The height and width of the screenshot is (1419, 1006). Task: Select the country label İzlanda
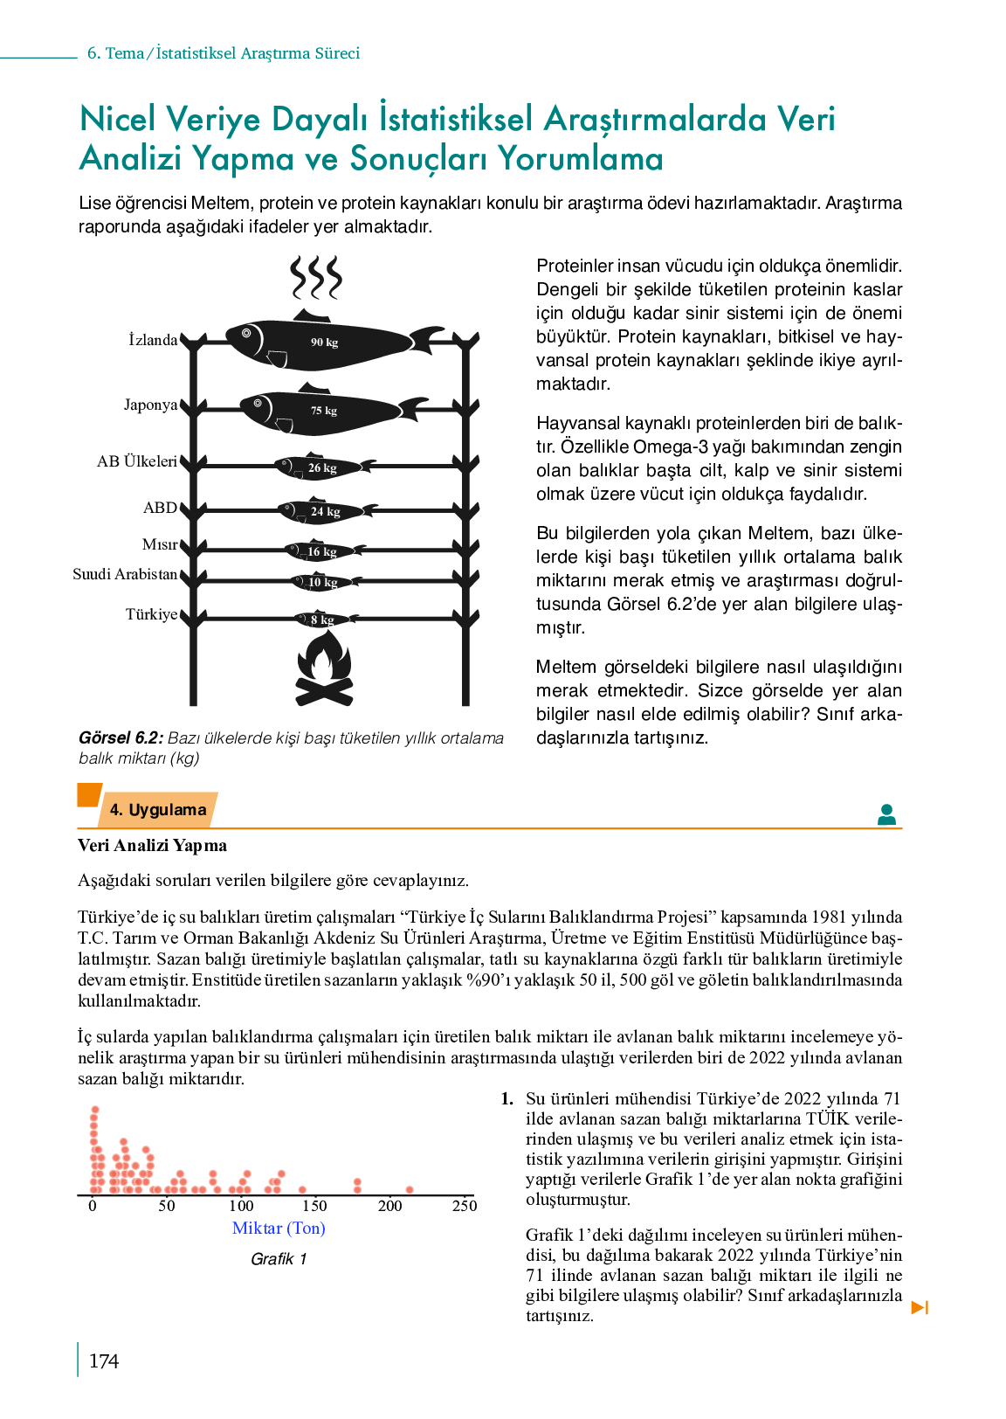click(153, 340)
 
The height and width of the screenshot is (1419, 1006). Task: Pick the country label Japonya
click(151, 405)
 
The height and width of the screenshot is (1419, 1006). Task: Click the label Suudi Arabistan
click(125, 574)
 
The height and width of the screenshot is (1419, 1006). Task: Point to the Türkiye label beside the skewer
click(151, 614)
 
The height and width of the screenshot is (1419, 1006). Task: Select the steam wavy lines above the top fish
click(316, 277)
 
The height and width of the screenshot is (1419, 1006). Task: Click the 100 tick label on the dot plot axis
click(240, 1206)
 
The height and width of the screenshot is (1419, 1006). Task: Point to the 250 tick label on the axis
click(464, 1206)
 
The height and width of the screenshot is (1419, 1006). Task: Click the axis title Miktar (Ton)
click(279, 1229)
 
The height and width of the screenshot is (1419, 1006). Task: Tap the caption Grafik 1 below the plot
click(279, 1259)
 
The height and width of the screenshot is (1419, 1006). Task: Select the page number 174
click(104, 1361)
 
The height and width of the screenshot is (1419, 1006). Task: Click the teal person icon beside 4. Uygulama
click(886, 814)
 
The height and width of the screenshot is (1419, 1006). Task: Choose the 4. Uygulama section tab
click(158, 810)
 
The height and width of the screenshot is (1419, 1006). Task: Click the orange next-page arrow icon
click(920, 1307)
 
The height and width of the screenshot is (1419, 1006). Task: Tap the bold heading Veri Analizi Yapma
click(152, 846)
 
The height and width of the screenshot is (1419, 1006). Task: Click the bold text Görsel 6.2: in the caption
click(121, 738)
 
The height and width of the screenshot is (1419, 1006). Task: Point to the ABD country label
click(160, 508)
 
